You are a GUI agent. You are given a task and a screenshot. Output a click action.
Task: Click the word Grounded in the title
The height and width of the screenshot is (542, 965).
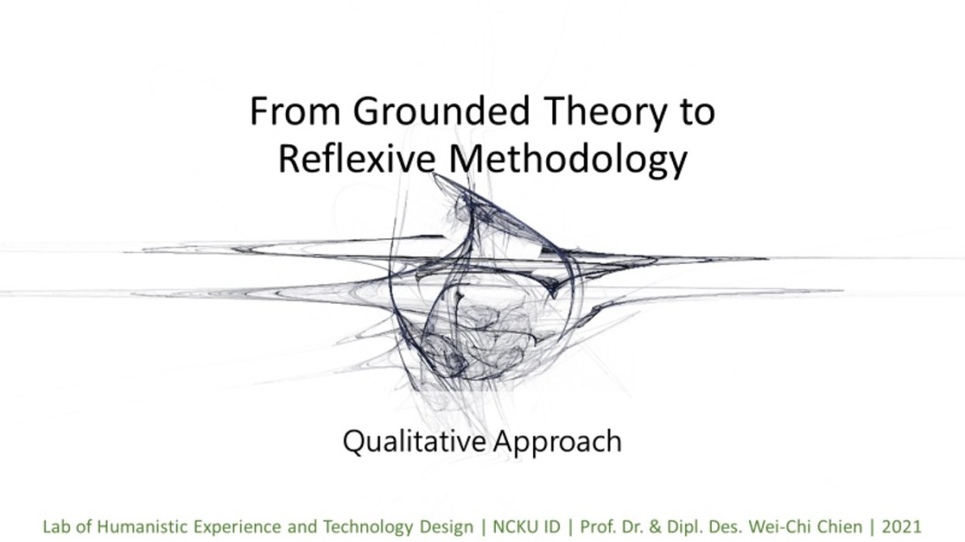(441, 111)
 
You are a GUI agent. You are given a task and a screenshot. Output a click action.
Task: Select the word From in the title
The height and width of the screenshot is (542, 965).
(295, 112)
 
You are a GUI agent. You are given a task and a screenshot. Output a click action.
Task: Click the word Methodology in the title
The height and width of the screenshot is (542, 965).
(568, 159)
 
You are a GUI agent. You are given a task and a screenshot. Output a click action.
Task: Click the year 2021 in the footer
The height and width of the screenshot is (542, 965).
(901, 527)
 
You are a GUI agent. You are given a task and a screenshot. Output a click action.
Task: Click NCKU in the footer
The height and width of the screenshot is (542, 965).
(513, 527)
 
